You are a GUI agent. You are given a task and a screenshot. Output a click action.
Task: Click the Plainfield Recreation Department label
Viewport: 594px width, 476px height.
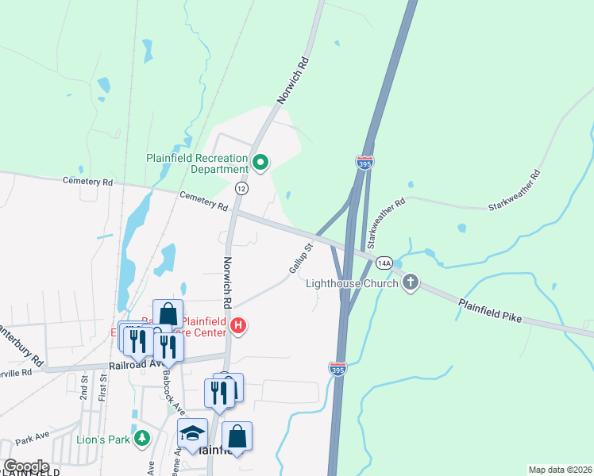coord(197,163)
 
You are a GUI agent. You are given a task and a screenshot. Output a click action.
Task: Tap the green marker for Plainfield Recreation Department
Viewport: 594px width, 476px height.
coord(260,163)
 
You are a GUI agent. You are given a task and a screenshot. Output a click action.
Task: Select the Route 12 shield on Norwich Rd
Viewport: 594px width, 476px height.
coord(241,188)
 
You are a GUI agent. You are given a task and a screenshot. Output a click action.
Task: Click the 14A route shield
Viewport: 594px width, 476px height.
coord(384,263)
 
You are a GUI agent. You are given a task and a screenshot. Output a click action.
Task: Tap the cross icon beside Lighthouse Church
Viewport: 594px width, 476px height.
coord(411,282)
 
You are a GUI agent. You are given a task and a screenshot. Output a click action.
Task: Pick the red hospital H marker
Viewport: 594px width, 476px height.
coord(237,325)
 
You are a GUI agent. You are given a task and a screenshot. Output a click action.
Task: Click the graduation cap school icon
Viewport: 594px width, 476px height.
coord(192,433)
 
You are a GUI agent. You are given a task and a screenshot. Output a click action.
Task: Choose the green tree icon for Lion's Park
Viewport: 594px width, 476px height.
coord(141,438)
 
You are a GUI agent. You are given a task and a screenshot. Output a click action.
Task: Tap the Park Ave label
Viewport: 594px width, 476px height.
coord(33,439)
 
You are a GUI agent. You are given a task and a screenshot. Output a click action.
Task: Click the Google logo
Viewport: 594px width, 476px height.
coord(25,466)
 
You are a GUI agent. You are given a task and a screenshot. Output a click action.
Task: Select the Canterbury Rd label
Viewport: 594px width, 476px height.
coord(17,336)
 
